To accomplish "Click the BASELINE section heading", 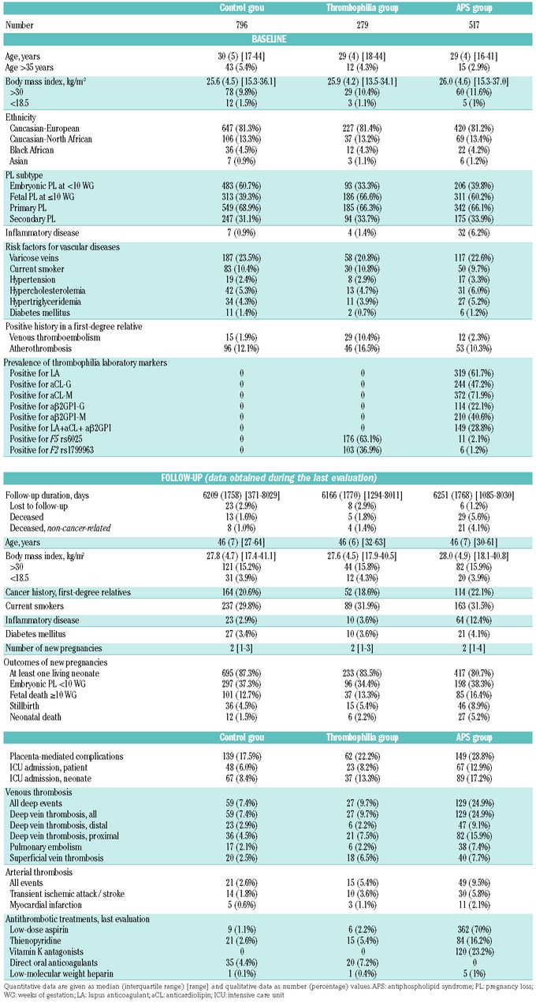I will pyautogui.click(x=268, y=38).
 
